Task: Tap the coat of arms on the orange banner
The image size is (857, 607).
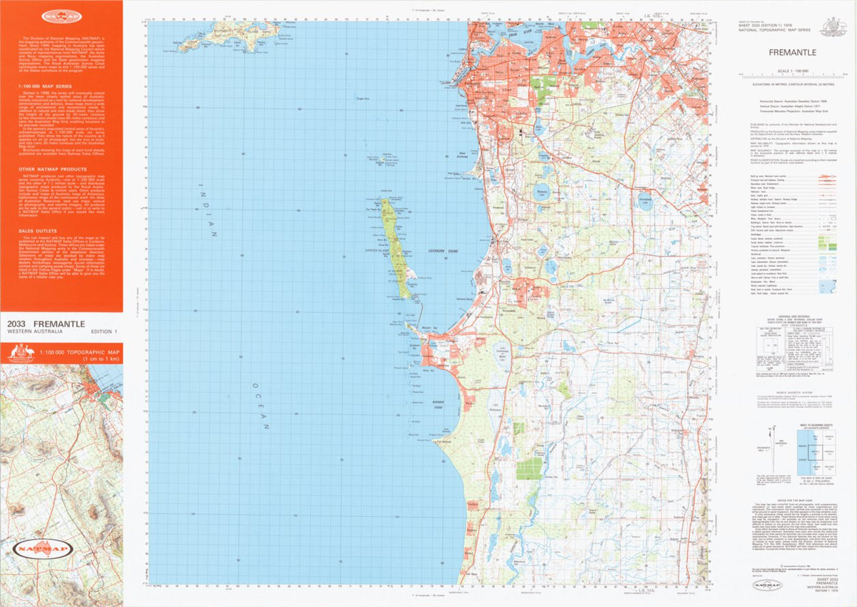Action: [x=22, y=353]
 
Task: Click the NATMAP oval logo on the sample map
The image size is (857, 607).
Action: [x=42, y=550]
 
